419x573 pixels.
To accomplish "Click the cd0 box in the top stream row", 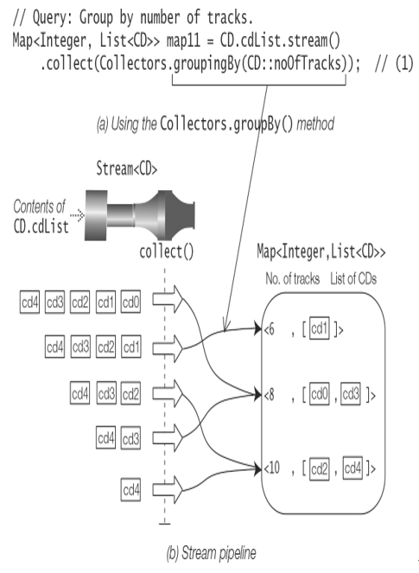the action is click(130, 302).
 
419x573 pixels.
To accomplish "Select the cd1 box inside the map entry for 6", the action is click(320, 329).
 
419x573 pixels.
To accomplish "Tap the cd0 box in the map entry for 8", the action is click(320, 394).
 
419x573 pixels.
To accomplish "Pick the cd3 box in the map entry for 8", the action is click(351, 394).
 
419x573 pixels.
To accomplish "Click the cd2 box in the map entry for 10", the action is click(320, 468).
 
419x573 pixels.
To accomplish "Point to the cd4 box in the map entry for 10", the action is click(352, 468).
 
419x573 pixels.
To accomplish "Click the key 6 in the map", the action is click(270, 329).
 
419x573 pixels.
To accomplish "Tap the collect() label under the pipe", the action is click(167, 251).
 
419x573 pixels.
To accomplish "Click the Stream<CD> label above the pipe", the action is click(127, 169).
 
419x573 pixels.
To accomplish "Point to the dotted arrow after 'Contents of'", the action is click(77, 215).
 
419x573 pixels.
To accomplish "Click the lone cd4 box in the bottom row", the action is click(130, 490).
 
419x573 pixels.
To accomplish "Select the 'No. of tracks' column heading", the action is click(293, 279).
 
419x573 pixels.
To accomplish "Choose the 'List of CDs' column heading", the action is click(353, 279).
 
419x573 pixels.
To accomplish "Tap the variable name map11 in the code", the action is click(183, 41).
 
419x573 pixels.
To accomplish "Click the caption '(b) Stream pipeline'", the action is click(211, 553).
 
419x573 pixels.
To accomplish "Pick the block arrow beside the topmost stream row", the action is click(168, 299).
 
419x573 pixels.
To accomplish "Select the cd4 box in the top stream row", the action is click(29, 302).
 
